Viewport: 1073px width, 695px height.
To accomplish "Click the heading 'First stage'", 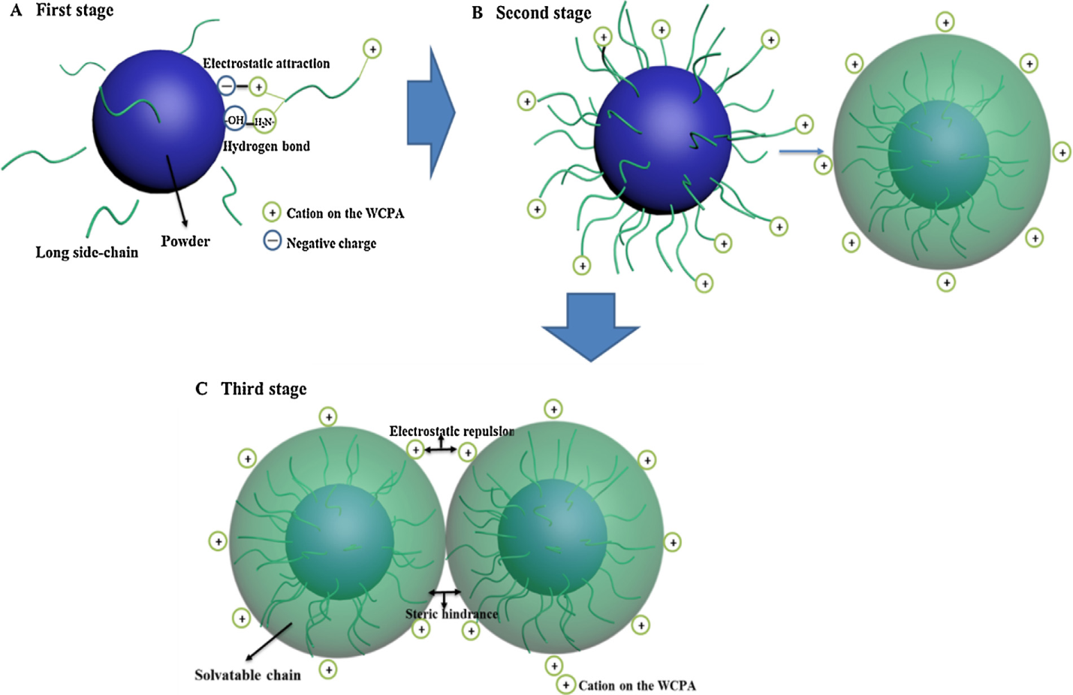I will point(74,11).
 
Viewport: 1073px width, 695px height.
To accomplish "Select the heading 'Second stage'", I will point(543,14).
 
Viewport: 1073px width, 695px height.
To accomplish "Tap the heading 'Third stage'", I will point(264,389).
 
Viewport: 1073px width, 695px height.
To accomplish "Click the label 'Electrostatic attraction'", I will point(266,64).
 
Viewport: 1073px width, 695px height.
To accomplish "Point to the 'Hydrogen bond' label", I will point(267,146).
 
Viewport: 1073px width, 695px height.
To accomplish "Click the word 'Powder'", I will point(185,241).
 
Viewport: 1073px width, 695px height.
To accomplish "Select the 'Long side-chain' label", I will point(87,253).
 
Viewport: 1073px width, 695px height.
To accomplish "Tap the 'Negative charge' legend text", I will point(331,243).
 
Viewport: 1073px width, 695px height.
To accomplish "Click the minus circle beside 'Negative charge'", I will point(272,241).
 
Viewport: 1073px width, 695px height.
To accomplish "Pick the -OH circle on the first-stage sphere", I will point(235,120).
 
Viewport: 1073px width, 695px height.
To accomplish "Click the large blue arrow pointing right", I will point(430,113).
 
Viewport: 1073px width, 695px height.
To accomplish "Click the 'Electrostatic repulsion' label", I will point(451,432).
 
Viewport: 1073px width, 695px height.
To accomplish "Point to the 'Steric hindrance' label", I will point(451,614).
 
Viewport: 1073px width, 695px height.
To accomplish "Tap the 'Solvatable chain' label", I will point(248,675).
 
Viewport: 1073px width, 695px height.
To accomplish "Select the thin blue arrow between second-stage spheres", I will point(801,152).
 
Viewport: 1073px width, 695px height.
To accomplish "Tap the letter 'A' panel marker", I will point(16,11).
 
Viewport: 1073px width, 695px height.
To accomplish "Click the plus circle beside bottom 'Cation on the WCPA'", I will point(565,684).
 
